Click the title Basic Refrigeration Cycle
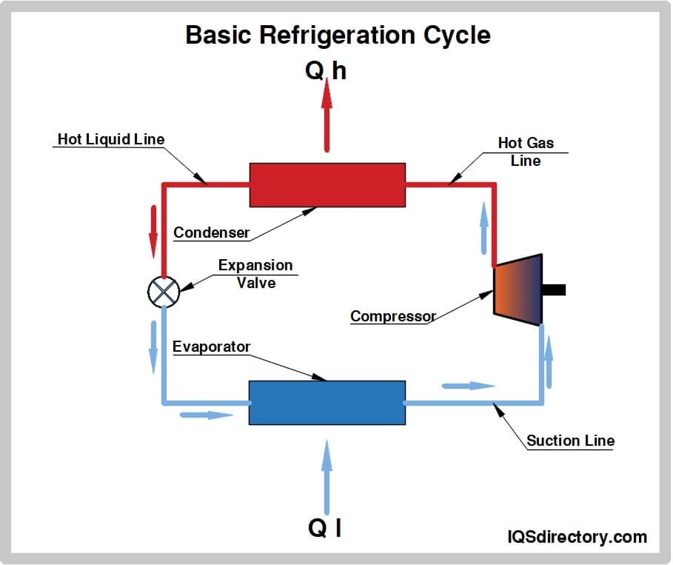[x=337, y=35]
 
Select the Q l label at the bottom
[x=325, y=527]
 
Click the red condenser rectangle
[x=327, y=184]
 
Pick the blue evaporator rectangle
[x=327, y=402]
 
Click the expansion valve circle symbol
[x=163, y=291]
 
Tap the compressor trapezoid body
[x=518, y=285]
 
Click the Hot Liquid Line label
[x=111, y=139]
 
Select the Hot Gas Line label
[x=526, y=151]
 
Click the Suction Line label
[x=570, y=441]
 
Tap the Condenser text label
[x=211, y=233]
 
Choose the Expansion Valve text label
[x=255, y=273]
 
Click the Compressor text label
[x=392, y=316]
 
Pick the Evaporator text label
[x=211, y=347]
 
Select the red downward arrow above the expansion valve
[x=153, y=230]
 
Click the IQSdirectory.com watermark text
[x=577, y=537]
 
